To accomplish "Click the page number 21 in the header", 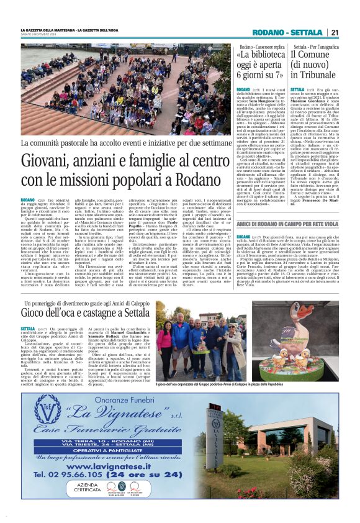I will click(335, 33).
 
